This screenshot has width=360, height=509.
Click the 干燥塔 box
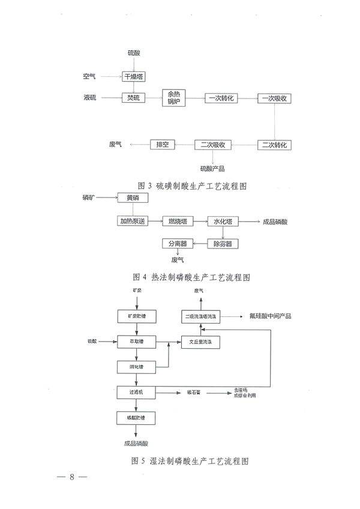(133, 76)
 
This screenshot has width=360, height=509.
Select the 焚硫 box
(133, 97)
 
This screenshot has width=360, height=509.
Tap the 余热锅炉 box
(174, 97)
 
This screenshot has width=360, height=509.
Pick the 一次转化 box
(221, 97)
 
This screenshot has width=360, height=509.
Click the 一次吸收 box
(275, 97)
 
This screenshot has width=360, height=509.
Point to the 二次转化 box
(275, 145)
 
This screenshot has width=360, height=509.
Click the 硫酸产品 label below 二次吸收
(212, 169)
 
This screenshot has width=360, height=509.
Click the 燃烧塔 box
(179, 221)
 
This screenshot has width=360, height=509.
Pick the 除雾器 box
(222, 243)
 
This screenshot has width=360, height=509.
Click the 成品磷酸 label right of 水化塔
(275, 221)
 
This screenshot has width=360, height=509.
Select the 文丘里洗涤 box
(201, 342)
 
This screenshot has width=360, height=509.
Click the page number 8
(71, 478)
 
